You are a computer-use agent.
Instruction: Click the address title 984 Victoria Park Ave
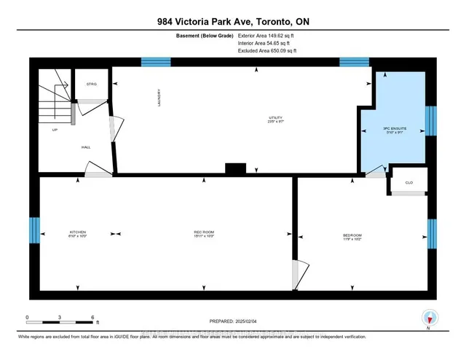click(232, 21)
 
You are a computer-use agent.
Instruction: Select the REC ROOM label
click(203, 232)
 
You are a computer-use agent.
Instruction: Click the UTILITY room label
click(275, 119)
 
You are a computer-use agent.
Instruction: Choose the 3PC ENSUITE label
click(394, 130)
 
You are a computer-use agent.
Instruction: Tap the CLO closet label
click(408, 183)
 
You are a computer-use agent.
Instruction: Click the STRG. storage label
click(92, 84)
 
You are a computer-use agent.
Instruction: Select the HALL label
click(86, 147)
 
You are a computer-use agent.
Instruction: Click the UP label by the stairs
click(55, 130)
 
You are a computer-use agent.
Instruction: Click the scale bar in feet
click(60, 319)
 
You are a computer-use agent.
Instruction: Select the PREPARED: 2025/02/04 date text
click(232, 320)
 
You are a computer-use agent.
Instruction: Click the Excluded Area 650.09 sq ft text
click(267, 51)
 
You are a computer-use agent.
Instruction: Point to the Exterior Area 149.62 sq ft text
click(267, 35)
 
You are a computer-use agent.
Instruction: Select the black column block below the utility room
click(235, 168)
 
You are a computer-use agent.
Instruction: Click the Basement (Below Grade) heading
click(200, 35)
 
